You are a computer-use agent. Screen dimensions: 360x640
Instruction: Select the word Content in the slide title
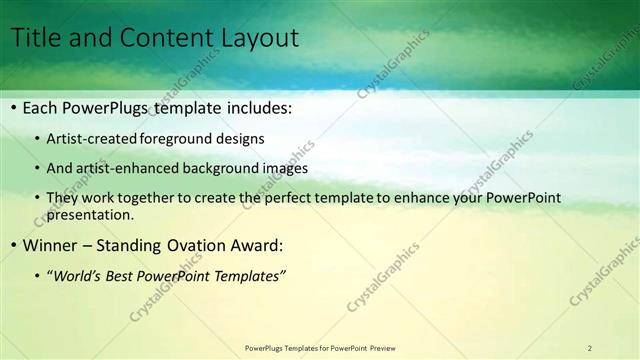[161, 39]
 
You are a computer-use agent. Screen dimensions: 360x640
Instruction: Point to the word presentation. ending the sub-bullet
[89, 214]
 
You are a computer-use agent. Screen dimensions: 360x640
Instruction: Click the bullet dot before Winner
[14, 244]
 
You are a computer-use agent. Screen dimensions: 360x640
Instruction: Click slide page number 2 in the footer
[589, 348]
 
